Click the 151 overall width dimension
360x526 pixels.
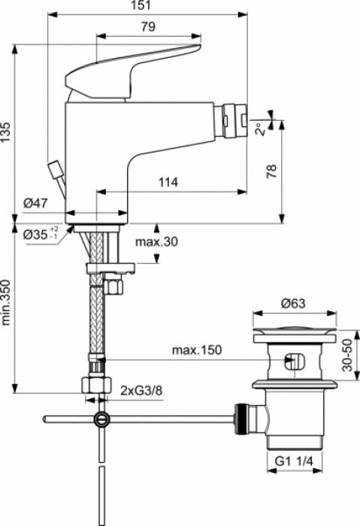pos(141,6)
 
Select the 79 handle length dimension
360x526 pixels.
pos(148,27)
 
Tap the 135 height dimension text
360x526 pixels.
pos(7,128)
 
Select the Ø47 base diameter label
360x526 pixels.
pos(35,203)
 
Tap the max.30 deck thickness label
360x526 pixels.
pos(156,242)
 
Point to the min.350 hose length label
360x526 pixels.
pos(7,307)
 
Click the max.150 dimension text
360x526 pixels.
pos(196,351)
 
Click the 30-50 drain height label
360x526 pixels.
pos(347,353)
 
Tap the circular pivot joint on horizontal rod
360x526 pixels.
pos(100,419)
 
